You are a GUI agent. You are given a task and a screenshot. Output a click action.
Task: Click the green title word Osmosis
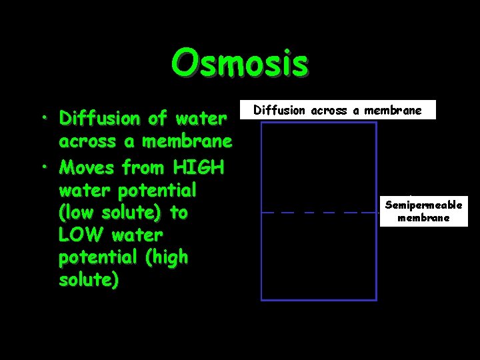tap(239, 64)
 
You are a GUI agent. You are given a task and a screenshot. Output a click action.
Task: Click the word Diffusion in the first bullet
tap(99, 119)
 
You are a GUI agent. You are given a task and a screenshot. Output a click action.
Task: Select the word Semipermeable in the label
tap(423, 205)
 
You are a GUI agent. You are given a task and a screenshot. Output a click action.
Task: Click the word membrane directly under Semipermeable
tap(423, 218)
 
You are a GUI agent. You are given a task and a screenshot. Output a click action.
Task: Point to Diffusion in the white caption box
tap(279, 111)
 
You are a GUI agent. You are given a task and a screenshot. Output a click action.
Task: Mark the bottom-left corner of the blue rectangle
tap(261, 299)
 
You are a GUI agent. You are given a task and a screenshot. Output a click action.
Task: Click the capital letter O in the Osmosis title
tap(183, 64)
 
